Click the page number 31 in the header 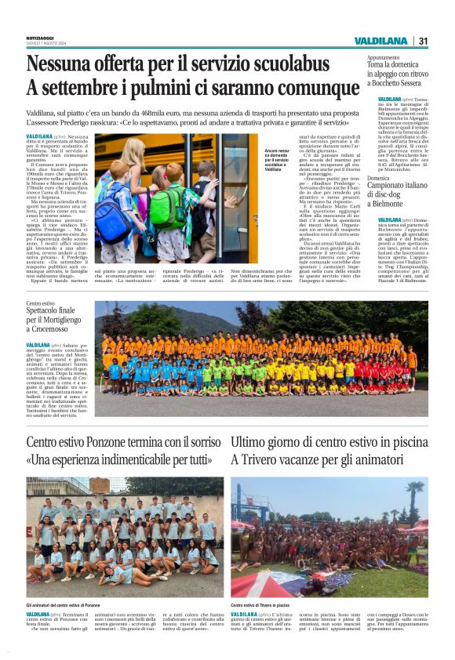tap(423, 41)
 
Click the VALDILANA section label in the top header tap(380, 41)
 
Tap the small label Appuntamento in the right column tap(384, 58)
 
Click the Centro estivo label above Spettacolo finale tap(41, 303)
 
